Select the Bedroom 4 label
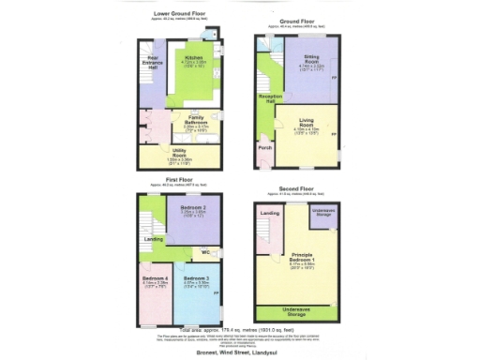pos(154,279)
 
